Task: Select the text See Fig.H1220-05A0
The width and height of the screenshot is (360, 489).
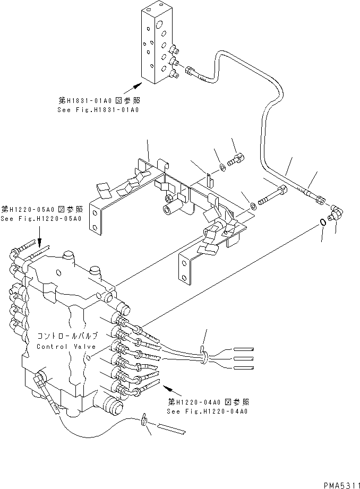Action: [41, 219]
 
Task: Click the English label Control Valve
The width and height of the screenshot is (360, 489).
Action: [67, 346]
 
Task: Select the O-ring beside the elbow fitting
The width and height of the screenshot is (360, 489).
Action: [323, 221]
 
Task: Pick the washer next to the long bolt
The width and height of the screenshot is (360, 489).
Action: [254, 204]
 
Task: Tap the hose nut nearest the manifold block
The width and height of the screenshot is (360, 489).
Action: [190, 69]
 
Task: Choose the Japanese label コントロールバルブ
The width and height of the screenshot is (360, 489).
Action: [67, 337]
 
